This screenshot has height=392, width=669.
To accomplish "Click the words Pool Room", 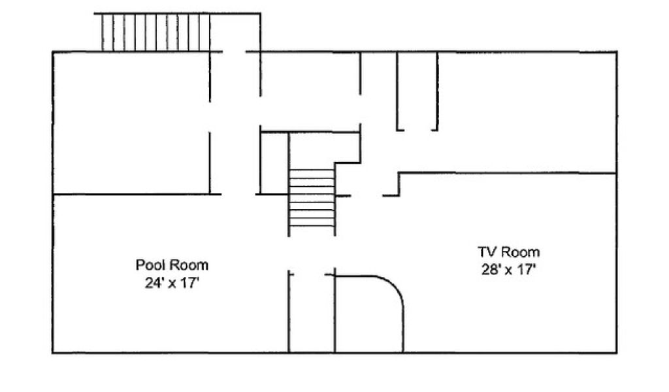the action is (172, 265).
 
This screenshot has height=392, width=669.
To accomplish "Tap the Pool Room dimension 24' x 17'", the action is (172, 282).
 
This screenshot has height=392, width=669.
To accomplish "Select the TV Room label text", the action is (508, 252).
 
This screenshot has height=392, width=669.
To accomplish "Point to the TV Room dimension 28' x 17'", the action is (508, 270).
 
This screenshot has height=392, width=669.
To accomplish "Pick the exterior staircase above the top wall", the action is (156, 33).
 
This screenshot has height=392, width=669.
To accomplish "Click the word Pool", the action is (148, 265).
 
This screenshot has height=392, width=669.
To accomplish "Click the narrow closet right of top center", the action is (417, 91).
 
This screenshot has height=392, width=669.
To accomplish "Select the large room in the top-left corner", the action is (131, 123).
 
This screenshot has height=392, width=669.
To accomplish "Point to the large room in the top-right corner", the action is (527, 112).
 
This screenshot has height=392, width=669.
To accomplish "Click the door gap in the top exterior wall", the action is (235, 52).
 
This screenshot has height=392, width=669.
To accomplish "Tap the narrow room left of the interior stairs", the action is (274, 163).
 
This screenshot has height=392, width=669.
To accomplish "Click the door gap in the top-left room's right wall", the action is (210, 117).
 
